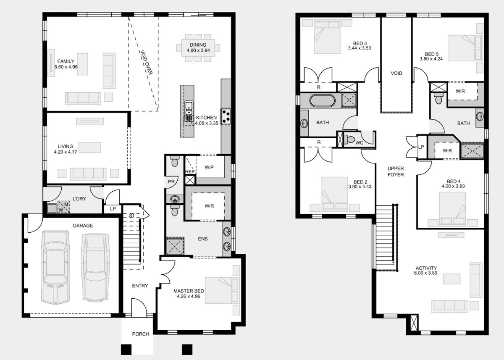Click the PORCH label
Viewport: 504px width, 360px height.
pyautogui.click(x=141, y=334)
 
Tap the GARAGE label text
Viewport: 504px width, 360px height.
pyautogui.click(x=83, y=226)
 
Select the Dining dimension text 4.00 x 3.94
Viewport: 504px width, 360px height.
pyautogui.click(x=198, y=50)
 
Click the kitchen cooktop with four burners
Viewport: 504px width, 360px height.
pyautogui.click(x=226, y=116)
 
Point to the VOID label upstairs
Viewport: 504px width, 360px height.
pyautogui.click(x=396, y=74)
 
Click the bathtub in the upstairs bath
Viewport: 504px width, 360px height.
pyautogui.click(x=323, y=100)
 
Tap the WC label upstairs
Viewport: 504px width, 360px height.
pyautogui.click(x=360, y=143)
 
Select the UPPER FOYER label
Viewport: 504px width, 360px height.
pyautogui.click(x=396, y=171)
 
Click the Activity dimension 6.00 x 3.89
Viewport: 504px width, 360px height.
pyautogui.click(x=426, y=273)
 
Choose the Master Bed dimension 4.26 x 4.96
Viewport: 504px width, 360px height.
pyautogui.click(x=189, y=296)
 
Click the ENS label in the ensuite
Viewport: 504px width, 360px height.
pyautogui.click(x=203, y=239)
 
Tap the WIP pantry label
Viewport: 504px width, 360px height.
pyautogui.click(x=209, y=168)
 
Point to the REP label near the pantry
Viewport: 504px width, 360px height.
pyautogui.click(x=190, y=172)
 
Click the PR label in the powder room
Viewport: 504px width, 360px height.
pyautogui.click(x=171, y=181)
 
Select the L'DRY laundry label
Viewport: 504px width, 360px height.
pyautogui.click(x=79, y=199)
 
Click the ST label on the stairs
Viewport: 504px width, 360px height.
pyautogui.click(x=131, y=215)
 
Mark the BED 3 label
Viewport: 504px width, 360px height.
pyautogui.click(x=360, y=43)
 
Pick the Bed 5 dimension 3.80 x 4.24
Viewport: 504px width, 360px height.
pyautogui.click(x=431, y=59)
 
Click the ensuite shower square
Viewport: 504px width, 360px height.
pyautogui.click(x=175, y=246)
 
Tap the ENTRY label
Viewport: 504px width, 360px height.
pyautogui.click(x=140, y=286)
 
